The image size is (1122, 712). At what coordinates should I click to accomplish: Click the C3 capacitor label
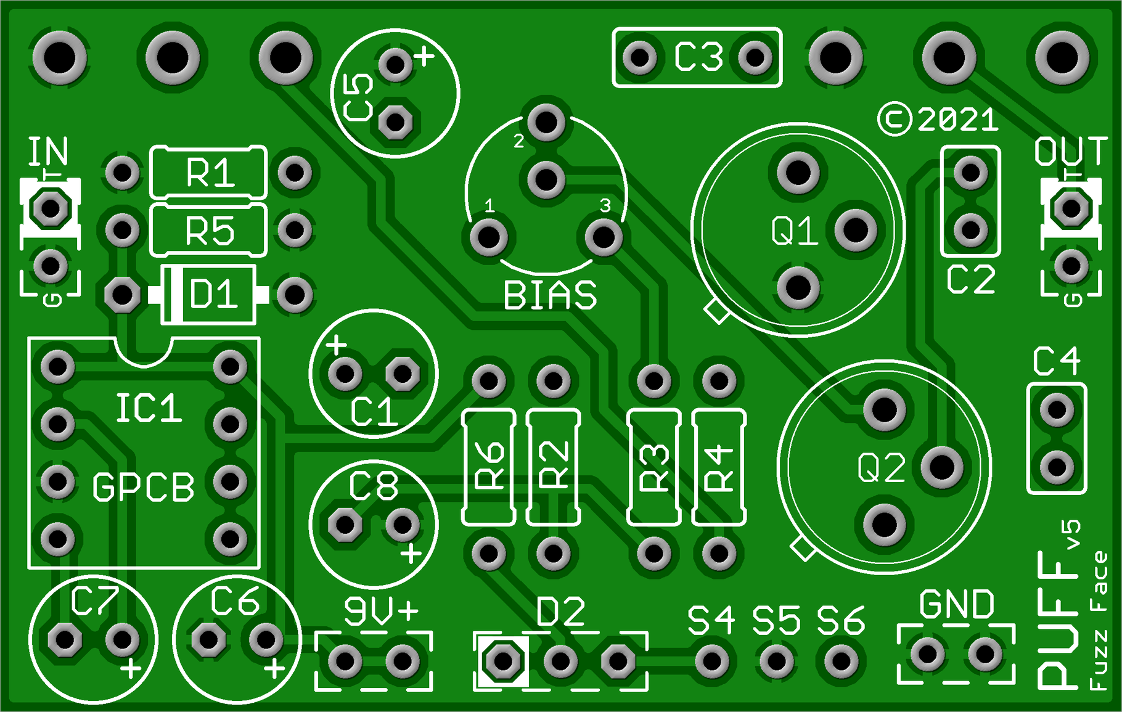click(x=698, y=57)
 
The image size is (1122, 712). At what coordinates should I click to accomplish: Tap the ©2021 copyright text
click(x=938, y=120)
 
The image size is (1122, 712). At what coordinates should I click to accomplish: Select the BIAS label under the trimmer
click(x=550, y=296)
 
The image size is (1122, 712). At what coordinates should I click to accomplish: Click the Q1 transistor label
click(x=795, y=232)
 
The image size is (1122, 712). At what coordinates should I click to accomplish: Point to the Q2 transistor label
click(x=882, y=469)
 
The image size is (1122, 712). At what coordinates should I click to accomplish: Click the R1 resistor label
click(x=210, y=173)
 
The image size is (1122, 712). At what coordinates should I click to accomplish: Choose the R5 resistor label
click(x=210, y=232)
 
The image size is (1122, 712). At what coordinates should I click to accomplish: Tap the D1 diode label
click(x=213, y=294)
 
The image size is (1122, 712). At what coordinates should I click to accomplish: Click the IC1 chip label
click(x=149, y=408)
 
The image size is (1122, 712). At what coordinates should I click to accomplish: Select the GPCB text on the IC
click(x=143, y=487)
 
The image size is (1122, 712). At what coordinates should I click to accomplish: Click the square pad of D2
click(x=503, y=661)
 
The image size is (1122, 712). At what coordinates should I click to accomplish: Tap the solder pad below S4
click(x=711, y=661)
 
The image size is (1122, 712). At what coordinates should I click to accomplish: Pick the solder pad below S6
click(x=841, y=661)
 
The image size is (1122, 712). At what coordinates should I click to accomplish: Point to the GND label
click(x=956, y=605)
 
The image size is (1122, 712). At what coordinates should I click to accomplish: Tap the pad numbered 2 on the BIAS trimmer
click(x=546, y=122)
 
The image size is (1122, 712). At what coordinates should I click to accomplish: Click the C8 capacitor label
click(x=374, y=486)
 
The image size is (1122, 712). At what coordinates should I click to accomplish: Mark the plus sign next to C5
click(x=424, y=57)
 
